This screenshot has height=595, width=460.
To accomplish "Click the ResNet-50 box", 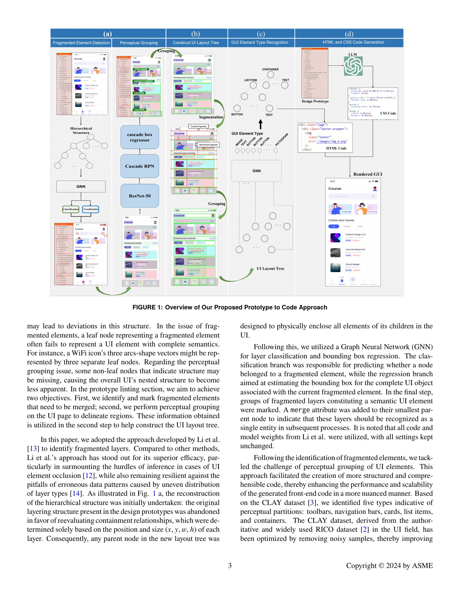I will (x=140, y=196).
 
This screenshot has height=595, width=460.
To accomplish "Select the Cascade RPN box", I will (x=140, y=166).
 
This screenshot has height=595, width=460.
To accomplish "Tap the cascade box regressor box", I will (x=140, y=137).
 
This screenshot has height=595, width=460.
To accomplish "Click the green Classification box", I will (x=71, y=209).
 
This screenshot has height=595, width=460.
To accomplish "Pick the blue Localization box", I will (x=91, y=209).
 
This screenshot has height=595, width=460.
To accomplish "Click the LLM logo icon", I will (x=353, y=66).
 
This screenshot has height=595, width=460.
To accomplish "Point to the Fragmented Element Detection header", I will (x=81, y=43).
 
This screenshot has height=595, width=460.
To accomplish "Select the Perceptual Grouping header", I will (x=139, y=43).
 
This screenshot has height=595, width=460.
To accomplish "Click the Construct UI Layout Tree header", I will (x=196, y=43).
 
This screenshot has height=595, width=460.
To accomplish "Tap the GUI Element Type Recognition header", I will (x=260, y=42).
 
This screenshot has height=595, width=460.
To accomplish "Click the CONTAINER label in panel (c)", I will (x=270, y=70).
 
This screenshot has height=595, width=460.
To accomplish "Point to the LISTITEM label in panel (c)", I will (x=251, y=80).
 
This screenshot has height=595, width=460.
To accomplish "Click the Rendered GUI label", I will (x=368, y=174).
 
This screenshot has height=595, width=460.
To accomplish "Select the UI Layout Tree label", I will (x=270, y=269).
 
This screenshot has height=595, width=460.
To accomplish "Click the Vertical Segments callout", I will (x=198, y=126).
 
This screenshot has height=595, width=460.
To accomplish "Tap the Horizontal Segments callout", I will (x=208, y=145).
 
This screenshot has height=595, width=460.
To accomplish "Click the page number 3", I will (x=230, y=566).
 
